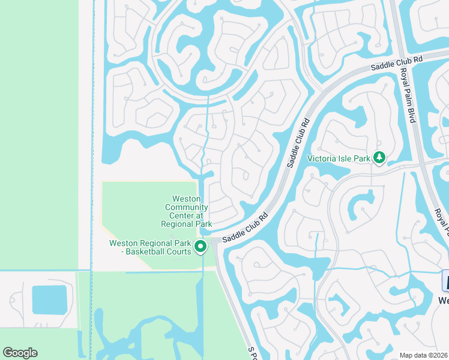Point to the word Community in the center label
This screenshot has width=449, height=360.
186,207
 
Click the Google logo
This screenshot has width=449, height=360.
20,352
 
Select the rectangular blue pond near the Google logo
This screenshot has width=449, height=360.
49,300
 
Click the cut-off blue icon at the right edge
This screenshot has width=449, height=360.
445,281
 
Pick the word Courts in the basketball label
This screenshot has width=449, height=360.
178,252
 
